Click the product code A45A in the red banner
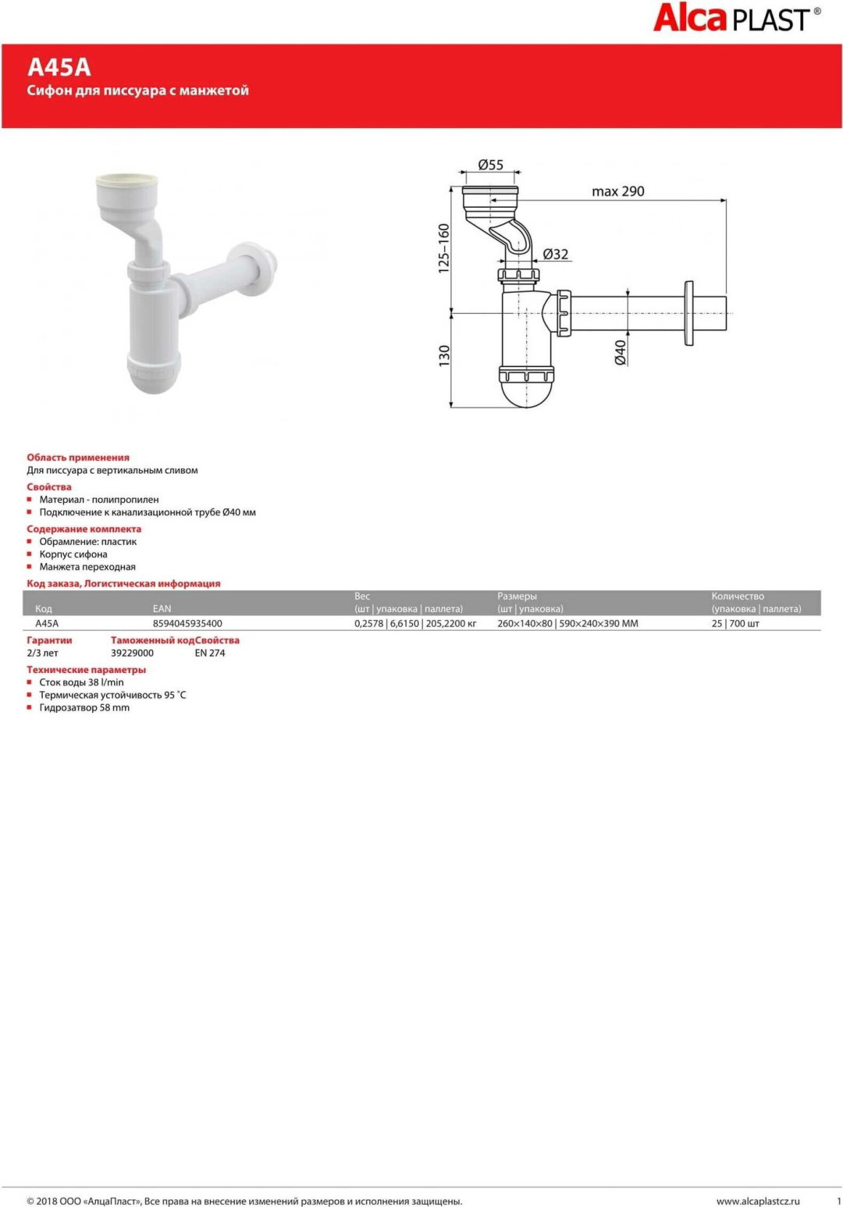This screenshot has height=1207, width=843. pyautogui.click(x=59, y=68)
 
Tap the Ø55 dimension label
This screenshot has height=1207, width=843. pyautogui.click(x=490, y=165)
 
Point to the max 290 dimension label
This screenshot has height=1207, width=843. pyautogui.click(x=618, y=191)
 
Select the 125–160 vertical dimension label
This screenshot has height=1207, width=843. pyautogui.click(x=443, y=248)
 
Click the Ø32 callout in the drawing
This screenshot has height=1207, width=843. pyautogui.click(x=555, y=254)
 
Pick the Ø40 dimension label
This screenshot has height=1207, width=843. pyautogui.click(x=621, y=353)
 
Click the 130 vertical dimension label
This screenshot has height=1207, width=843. pyautogui.click(x=443, y=356)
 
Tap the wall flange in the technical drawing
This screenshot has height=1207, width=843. pyautogui.click(x=689, y=314)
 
